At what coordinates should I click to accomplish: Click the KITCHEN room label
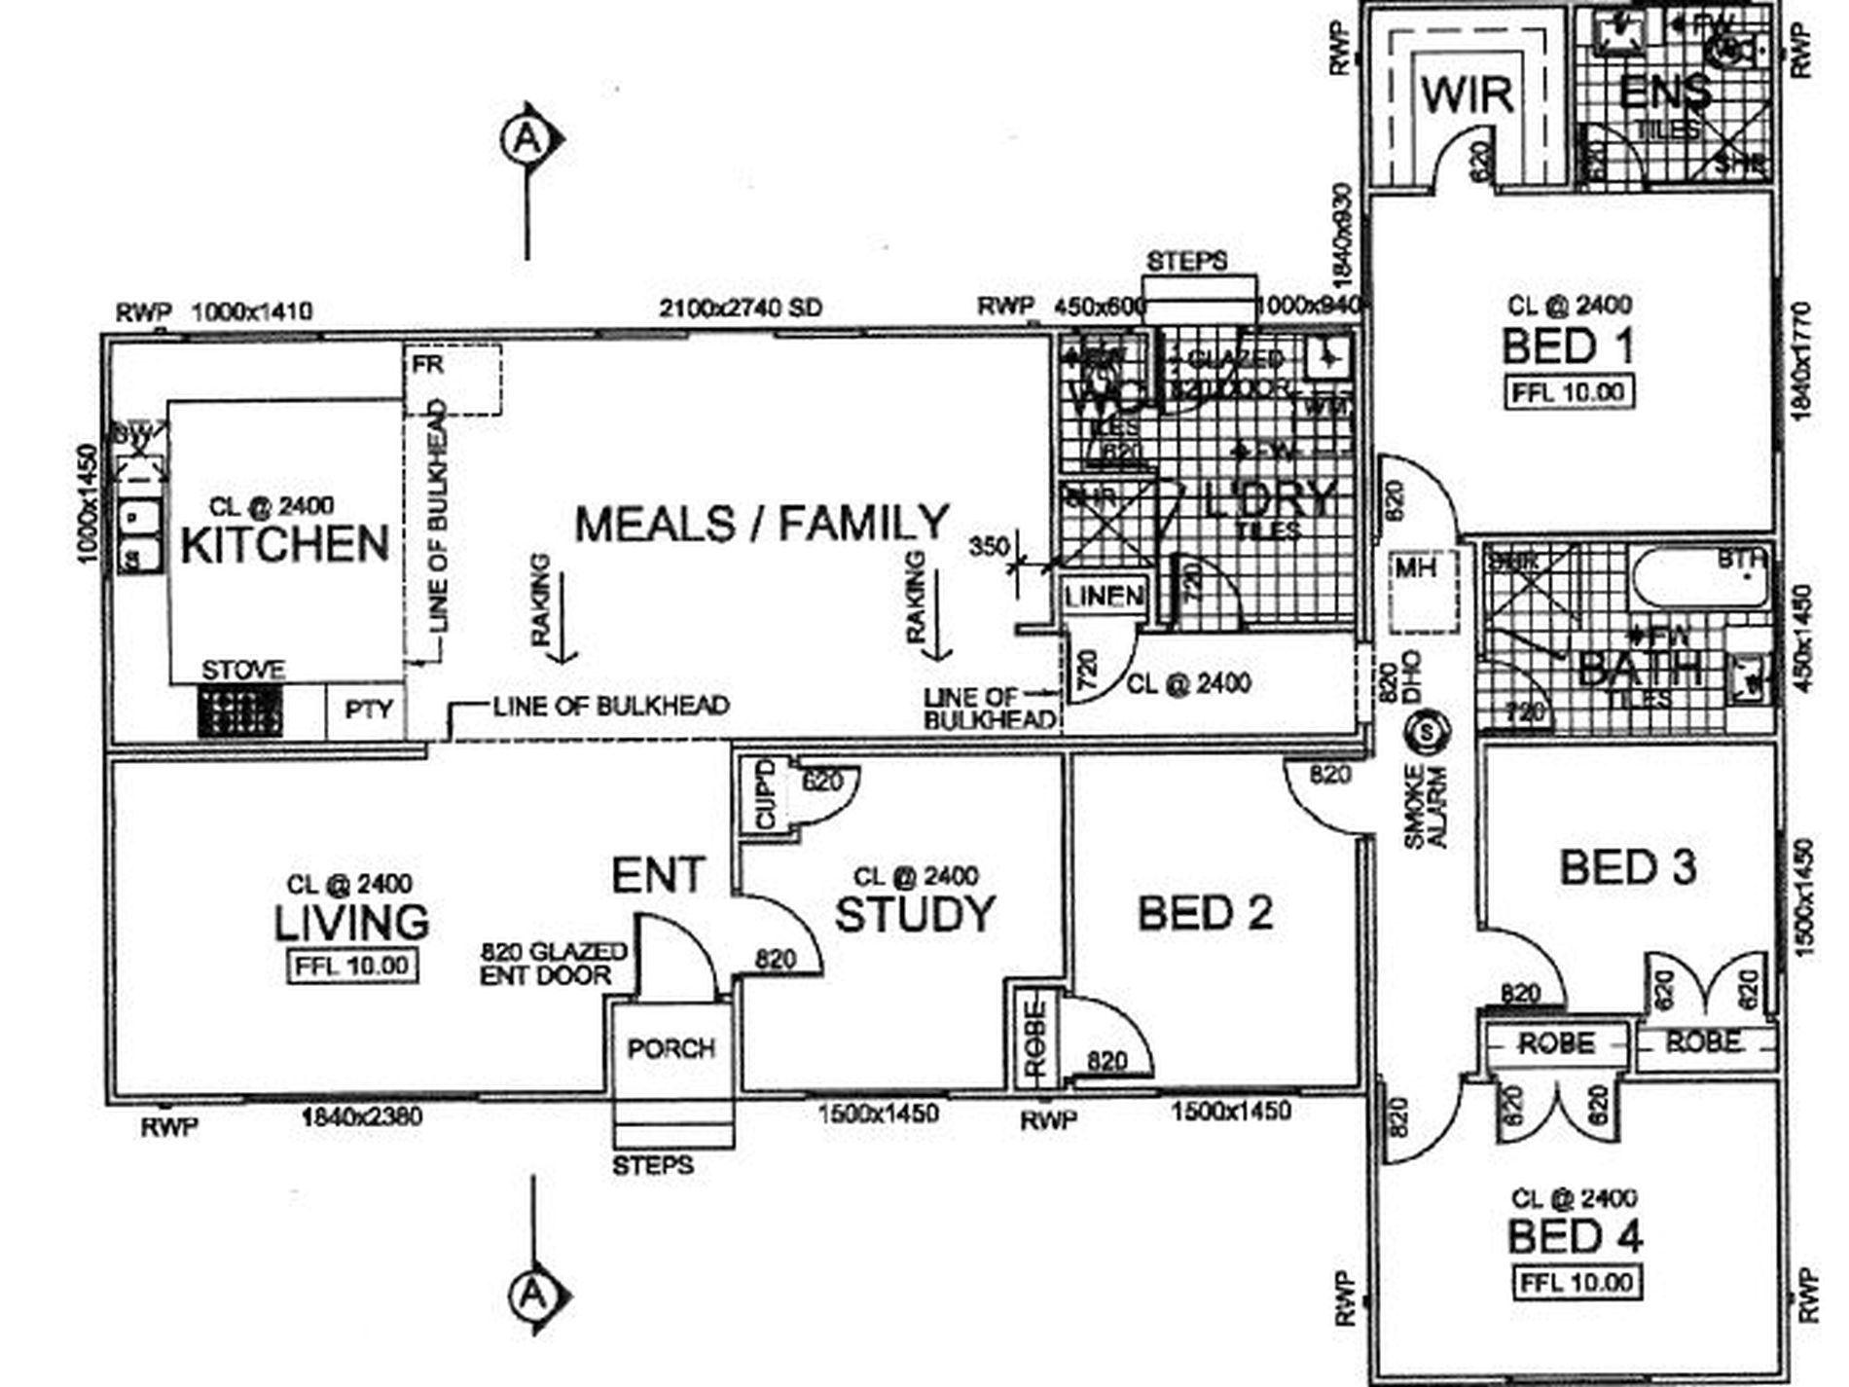[x=284, y=544]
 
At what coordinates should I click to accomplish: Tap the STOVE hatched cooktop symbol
[x=240, y=711]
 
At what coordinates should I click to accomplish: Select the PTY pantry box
[x=368, y=711]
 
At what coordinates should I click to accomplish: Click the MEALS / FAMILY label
[x=761, y=524]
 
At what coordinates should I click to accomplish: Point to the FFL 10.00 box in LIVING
[x=353, y=967]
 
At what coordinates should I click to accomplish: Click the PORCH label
[x=671, y=1048]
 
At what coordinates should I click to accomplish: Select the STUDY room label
[x=915, y=914]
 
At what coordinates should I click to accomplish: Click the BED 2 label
[x=1205, y=914]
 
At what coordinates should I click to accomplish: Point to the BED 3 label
[x=1627, y=867]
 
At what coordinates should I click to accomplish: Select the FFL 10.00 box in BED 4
[x=1576, y=1282]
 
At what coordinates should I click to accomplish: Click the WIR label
[x=1467, y=95]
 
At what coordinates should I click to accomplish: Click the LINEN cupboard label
[x=1105, y=596]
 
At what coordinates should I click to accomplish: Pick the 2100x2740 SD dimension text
[x=741, y=309]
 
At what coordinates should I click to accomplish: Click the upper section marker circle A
[x=526, y=140]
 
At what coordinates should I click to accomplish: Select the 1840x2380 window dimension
[x=361, y=1116]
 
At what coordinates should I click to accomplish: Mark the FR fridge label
[x=428, y=364]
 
